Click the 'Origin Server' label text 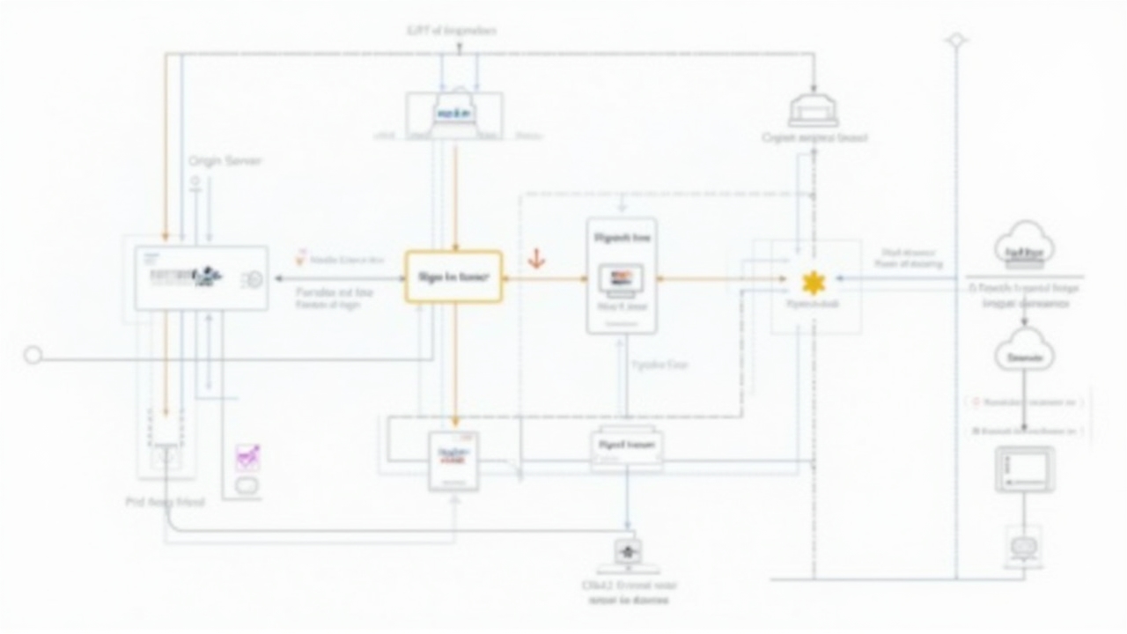click(x=225, y=161)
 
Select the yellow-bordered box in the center click(x=453, y=276)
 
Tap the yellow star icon click(x=813, y=283)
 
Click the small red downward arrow click(x=535, y=260)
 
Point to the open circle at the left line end click(x=33, y=355)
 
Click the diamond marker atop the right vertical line click(x=956, y=41)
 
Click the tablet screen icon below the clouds click(x=1025, y=469)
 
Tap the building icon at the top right click(x=813, y=111)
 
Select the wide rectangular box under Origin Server click(x=201, y=278)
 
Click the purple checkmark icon click(x=247, y=457)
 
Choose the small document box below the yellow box click(x=453, y=461)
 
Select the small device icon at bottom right click(x=1023, y=547)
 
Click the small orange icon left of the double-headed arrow click(x=301, y=257)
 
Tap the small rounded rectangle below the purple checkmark click(x=247, y=486)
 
